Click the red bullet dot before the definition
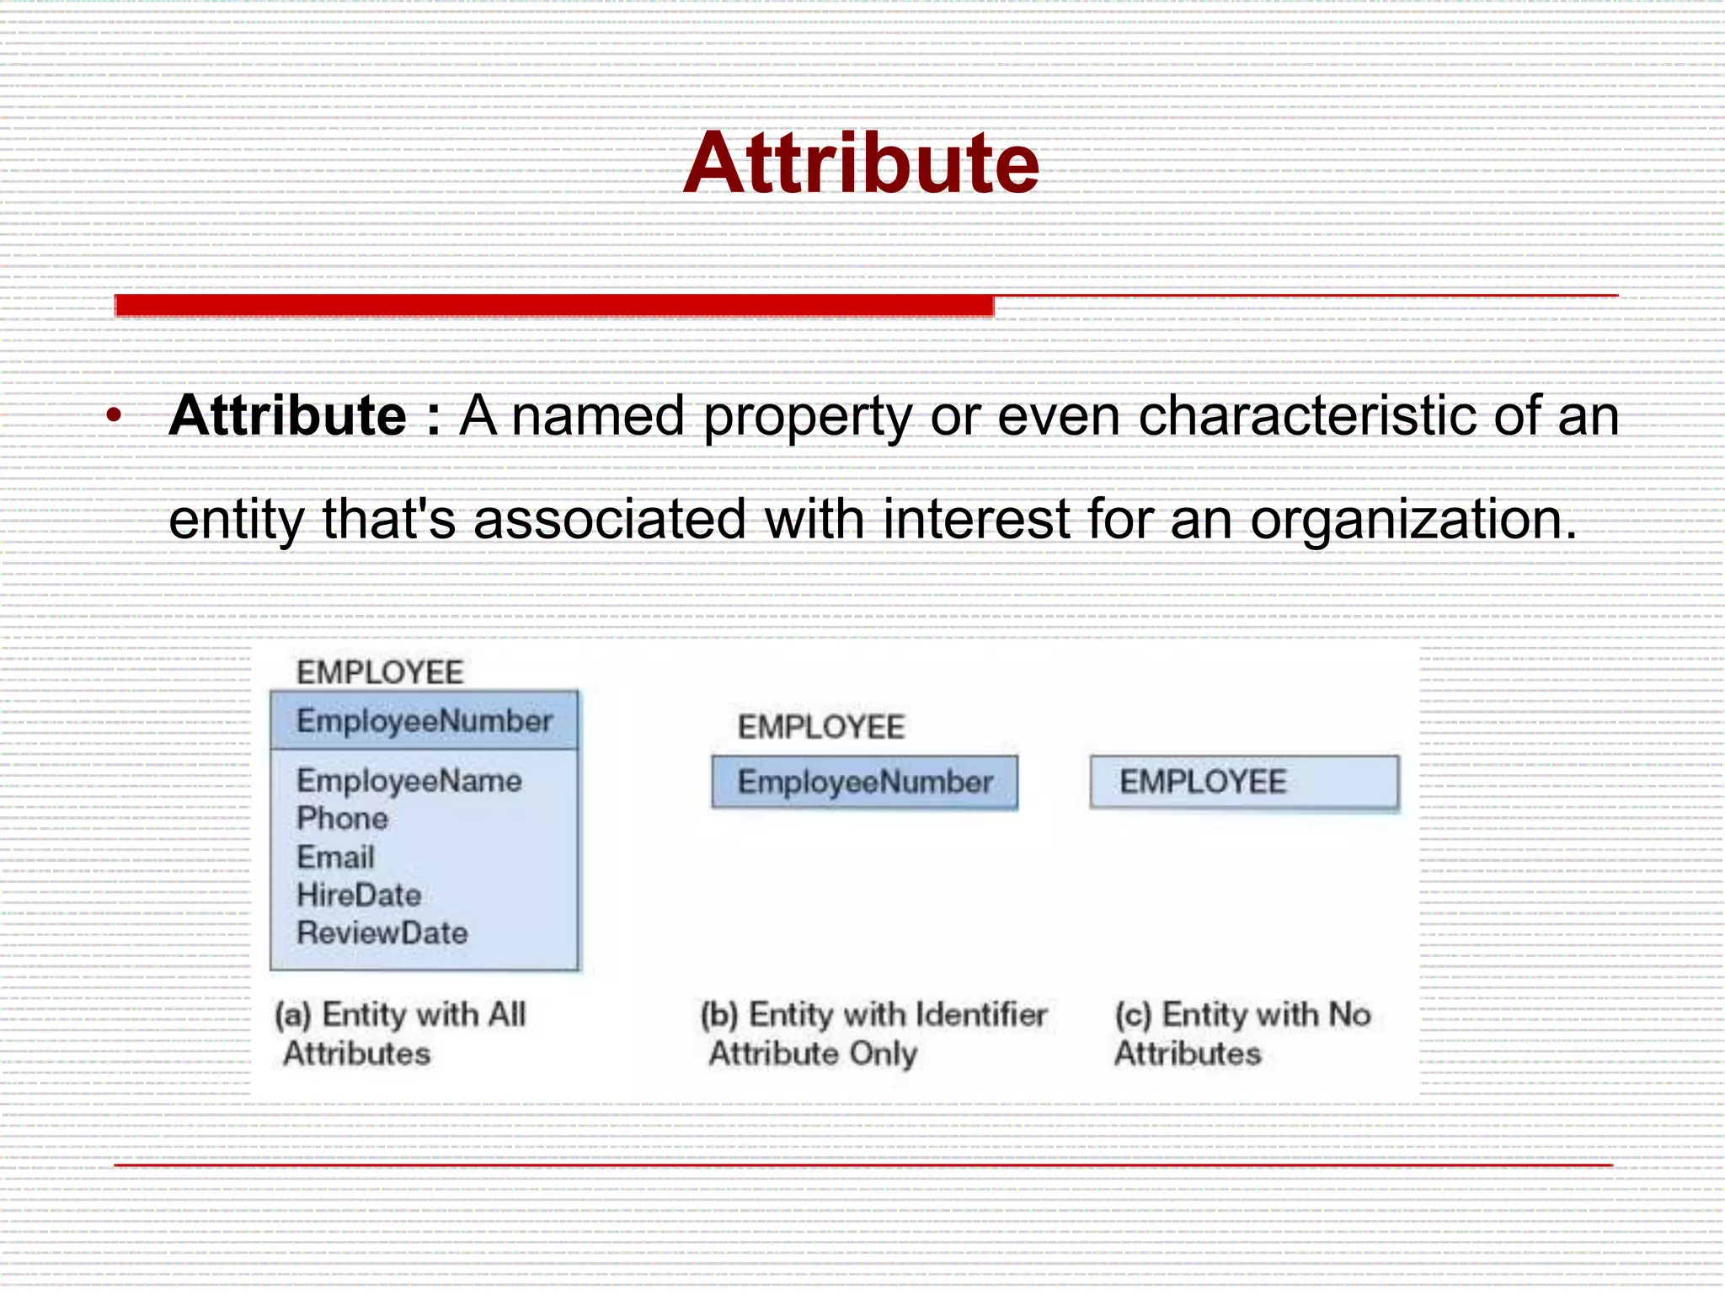(x=115, y=415)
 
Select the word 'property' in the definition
(x=808, y=417)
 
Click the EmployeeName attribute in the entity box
(x=409, y=781)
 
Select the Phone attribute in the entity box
(x=342, y=819)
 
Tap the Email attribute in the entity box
(x=335, y=858)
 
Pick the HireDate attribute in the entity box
(x=359, y=895)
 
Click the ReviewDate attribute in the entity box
(x=382, y=933)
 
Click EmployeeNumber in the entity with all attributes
(x=425, y=721)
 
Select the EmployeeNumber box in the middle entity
(x=865, y=782)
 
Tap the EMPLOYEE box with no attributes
(x=1244, y=782)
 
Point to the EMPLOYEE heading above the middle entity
(x=821, y=727)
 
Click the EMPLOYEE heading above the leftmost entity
(x=380, y=672)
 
